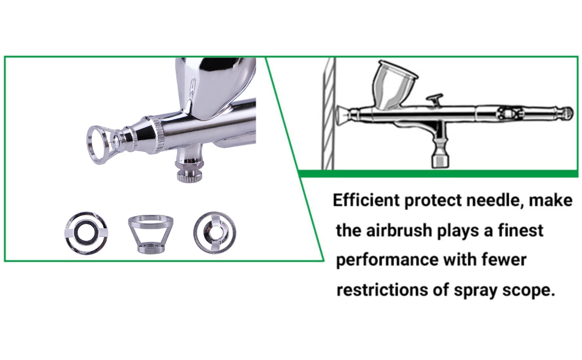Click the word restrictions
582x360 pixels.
tap(382, 290)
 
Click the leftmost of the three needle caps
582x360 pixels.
tap(86, 233)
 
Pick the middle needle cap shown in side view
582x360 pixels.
tap(151, 234)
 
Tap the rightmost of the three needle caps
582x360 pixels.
tap(215, 233)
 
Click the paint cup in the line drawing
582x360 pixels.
tap(395, 85)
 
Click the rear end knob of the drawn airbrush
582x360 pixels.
tap(565, 113)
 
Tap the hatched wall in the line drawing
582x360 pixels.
tap(328, 113)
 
